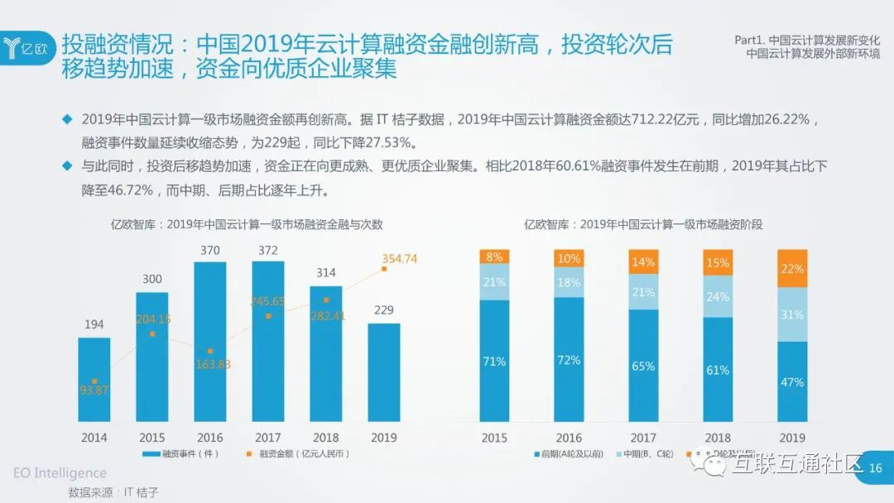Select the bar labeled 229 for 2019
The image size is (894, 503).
384,372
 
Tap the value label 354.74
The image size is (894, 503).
400,259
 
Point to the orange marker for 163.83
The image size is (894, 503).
210,352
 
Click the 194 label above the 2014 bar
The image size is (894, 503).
94,324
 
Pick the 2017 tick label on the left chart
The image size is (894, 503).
268,437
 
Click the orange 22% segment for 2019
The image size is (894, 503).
792,268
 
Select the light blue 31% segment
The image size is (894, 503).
792,314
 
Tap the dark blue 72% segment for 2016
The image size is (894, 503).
569,360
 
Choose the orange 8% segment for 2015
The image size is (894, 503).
494,256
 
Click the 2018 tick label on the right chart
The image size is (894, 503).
718,437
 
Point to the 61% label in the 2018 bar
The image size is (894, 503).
718,370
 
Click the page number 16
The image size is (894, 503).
875,467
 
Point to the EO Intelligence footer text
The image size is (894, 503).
60,473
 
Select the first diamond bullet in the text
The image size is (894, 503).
68,119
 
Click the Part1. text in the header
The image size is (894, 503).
750,39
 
